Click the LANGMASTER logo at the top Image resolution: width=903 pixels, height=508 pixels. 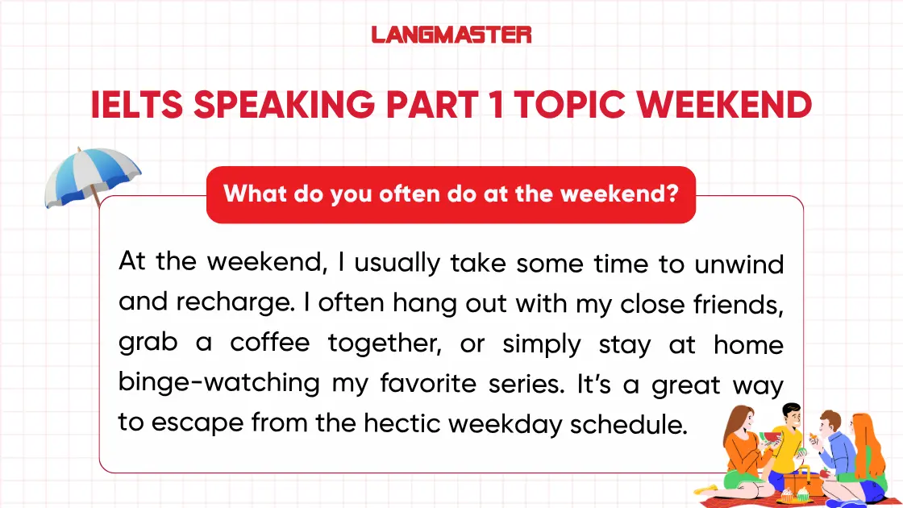451,35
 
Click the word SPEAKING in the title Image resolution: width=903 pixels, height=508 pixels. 299,106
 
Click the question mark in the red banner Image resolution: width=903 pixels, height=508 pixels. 671,194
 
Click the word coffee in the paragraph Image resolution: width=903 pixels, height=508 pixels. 269,344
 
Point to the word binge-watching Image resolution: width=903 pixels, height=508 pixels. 218,383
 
